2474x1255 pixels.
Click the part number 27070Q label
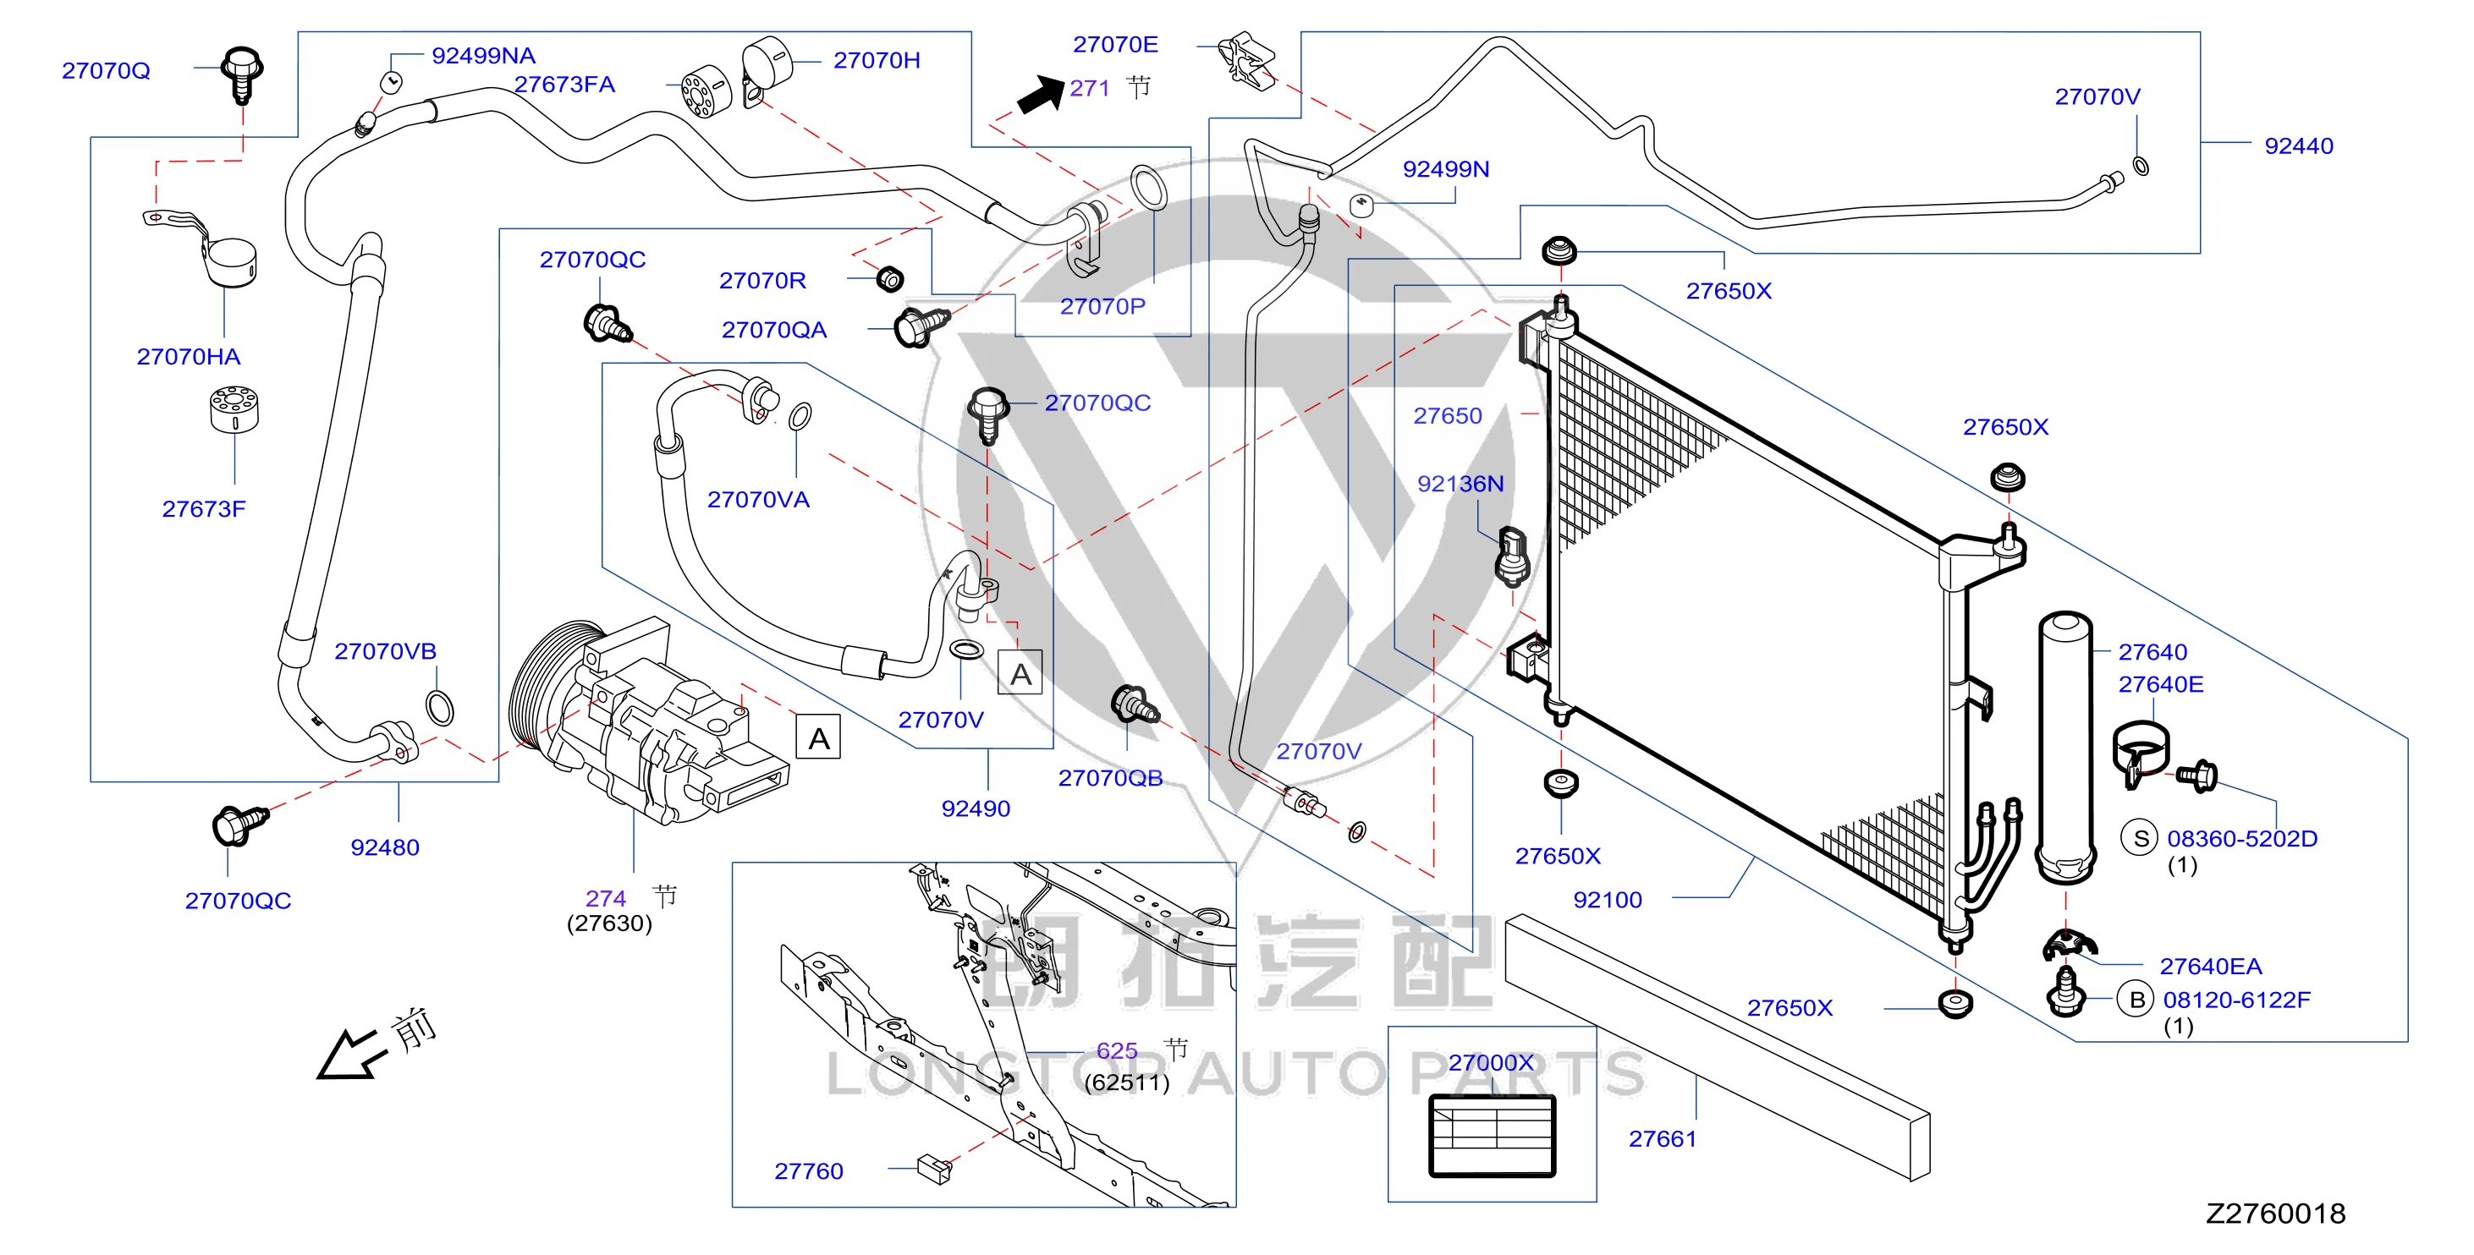[x=106, y=71]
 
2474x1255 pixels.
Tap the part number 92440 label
[x=2298, y=146]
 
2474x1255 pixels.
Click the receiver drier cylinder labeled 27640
[x=2064, y=747]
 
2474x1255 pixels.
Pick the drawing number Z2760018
[x=2275, y=1214]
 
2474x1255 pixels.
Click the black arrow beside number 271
[x=1041, y=95]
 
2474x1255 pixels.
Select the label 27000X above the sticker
[x=1491, y=1063]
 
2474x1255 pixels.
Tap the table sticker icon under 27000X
[x=1492, y=1136]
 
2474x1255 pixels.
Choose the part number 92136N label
[x=1460, y=484]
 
